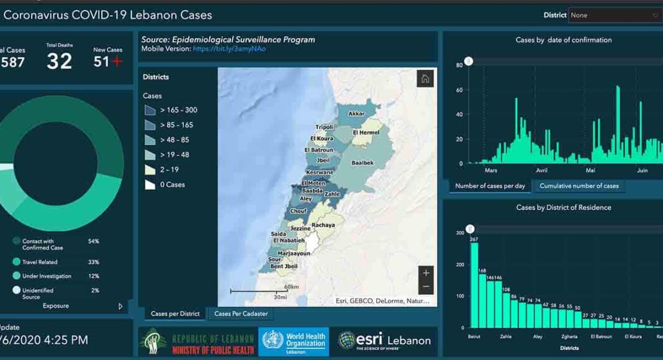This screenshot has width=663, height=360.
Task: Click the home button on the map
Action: [x=425, y=79]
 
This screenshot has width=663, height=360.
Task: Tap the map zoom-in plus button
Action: [x=425, y=272]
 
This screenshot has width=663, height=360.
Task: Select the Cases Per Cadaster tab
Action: [x=241, y=313]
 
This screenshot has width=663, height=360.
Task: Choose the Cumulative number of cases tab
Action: [x=579, y=186]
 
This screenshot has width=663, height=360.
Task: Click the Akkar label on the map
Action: [x=356, y=114]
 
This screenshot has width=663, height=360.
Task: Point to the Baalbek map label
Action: [x=363, y=163]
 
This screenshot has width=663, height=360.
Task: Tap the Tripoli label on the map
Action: [x=324, y=127]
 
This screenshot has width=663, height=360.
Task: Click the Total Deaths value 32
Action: [x=60, y=61]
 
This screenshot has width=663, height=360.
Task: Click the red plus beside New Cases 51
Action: [x=117, y=61]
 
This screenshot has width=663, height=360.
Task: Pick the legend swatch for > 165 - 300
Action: [x=150, y=110]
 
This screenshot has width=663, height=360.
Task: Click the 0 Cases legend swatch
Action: [x=150, y=184]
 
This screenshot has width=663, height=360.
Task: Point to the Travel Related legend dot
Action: [x=16, y=262]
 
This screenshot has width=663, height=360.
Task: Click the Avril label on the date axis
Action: [x=541, y=170]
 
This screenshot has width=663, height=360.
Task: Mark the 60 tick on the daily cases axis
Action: [x=459, y=90]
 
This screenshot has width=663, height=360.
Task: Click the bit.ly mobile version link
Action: [x=229, y=48]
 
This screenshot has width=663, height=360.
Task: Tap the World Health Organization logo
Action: [x=294, y=342]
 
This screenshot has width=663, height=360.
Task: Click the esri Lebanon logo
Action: [x=385, y=340]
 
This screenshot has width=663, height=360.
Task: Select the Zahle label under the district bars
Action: [x=506, y=337]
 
